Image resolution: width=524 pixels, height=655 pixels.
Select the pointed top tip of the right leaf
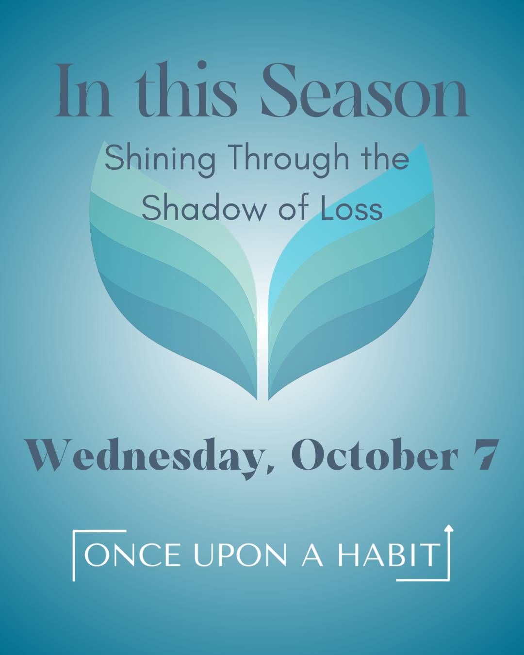(422, 143)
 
